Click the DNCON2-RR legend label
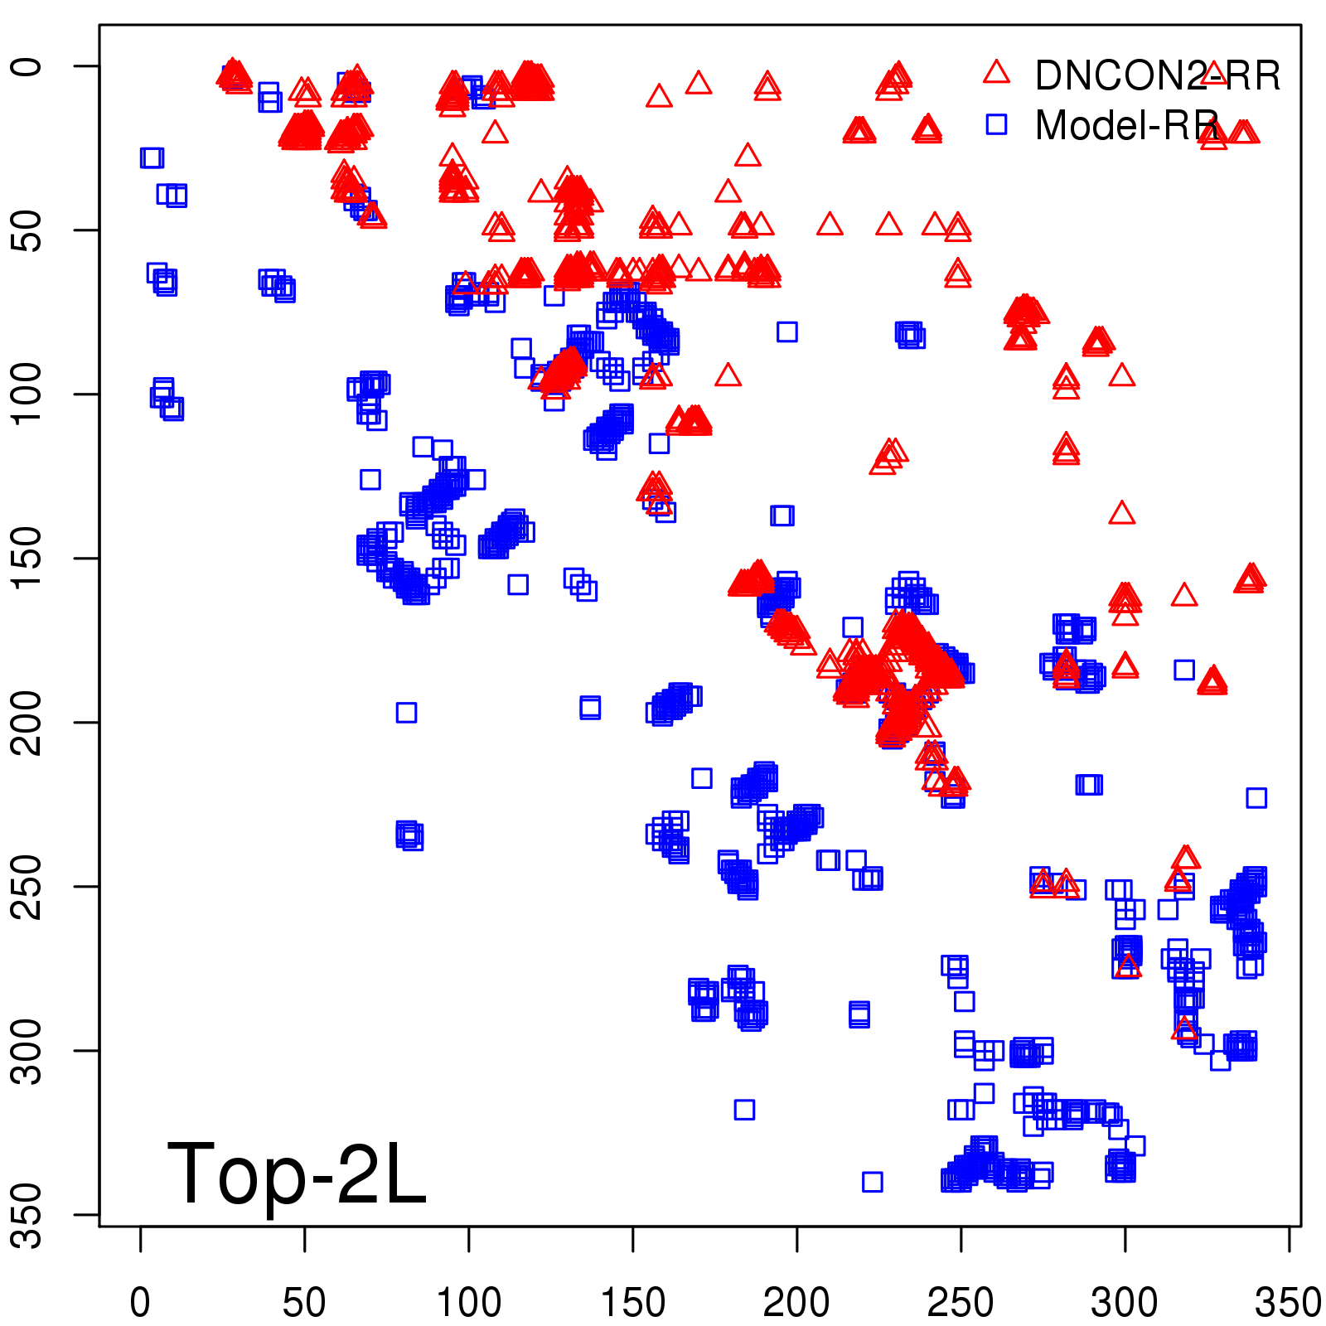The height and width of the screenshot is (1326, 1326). coord(1157,76)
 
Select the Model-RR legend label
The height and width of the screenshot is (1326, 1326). coord(1127,126)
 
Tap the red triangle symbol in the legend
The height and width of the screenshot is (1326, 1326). coord(996,72)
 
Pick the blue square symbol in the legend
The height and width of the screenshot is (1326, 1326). coord(996,124)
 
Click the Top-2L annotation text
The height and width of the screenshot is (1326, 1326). coord(297,1174)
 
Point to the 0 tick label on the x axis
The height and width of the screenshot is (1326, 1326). coord(140,1303)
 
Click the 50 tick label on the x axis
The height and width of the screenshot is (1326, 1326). coord(304,1303)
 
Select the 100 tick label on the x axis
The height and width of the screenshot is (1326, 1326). coord(468,1303)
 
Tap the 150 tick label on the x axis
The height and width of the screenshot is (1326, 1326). coord(632,1303)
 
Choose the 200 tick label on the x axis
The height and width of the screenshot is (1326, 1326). coord(796,1303)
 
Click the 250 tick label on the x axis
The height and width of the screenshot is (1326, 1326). coord(961,1303)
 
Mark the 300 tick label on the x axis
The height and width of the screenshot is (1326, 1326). coord(1125,1303)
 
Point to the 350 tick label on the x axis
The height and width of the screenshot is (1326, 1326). coord(1287,1303)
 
